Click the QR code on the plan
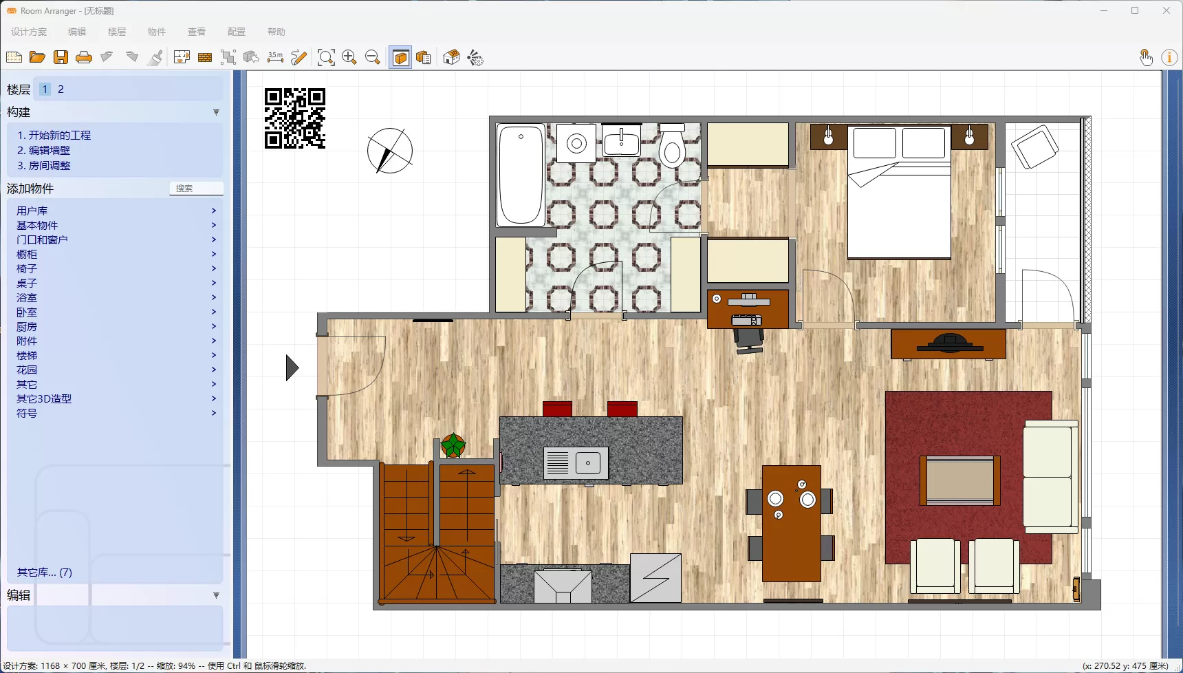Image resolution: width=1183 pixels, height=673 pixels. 294,118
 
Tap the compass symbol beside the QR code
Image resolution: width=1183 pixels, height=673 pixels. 389,151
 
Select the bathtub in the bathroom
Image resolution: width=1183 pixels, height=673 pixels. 521,175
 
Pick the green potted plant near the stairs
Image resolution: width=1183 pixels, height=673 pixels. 453,445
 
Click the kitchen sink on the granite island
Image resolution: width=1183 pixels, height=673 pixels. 576,463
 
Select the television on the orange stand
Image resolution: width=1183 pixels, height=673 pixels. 949,343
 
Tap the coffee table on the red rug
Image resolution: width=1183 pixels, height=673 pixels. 959,480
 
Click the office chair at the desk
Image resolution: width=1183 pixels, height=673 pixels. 749,339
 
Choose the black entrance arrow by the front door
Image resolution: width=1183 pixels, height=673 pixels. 292,367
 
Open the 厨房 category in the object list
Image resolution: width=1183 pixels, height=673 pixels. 27,327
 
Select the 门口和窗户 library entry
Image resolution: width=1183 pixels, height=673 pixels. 42,240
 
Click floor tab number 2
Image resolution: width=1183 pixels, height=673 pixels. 61,89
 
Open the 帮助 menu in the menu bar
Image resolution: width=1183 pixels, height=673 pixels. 276,32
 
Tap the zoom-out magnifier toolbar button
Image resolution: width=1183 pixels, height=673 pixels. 373,58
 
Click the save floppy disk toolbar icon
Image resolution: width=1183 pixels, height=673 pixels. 61,58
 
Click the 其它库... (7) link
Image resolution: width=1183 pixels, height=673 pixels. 45,573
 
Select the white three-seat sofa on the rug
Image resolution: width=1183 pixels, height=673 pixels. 1050,476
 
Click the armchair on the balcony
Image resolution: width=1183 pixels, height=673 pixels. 1034,147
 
